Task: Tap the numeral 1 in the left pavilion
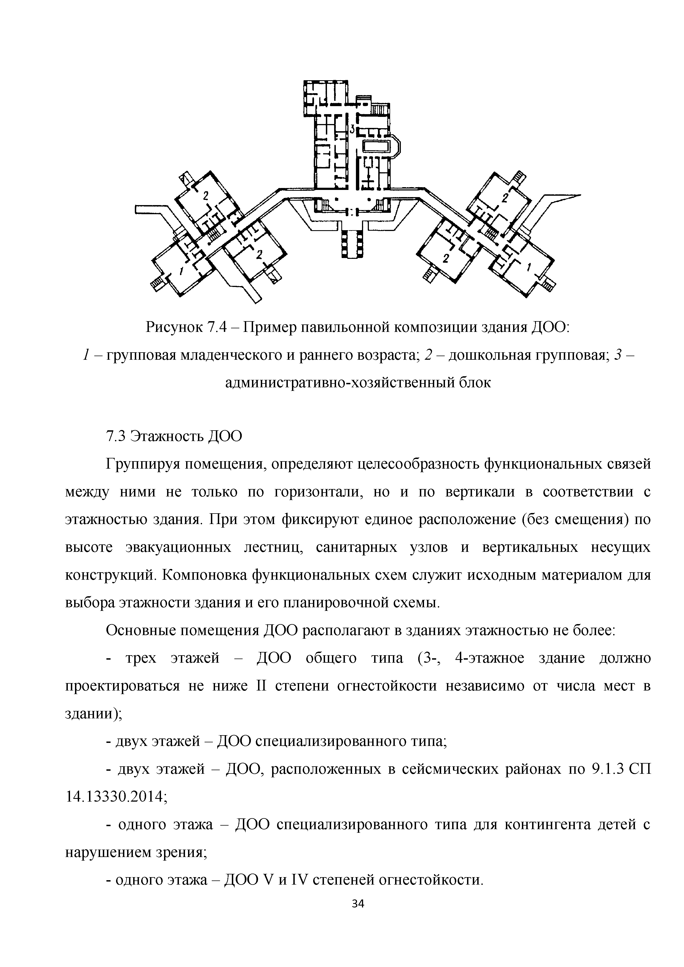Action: (181, 270)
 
